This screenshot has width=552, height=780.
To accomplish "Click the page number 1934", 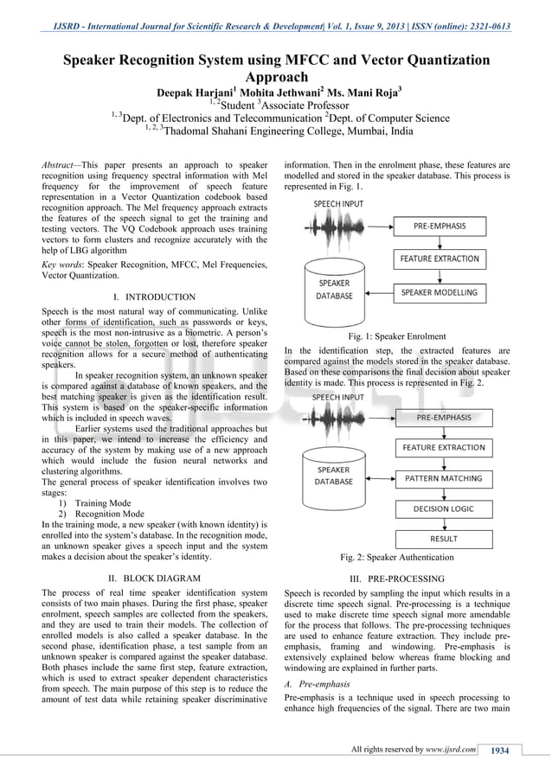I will point(499,750).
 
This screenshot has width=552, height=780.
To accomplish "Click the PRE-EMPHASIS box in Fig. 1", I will point(440,227).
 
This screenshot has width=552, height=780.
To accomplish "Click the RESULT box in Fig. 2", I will point(444,539).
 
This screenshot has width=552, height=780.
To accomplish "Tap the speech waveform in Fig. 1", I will point(332,230).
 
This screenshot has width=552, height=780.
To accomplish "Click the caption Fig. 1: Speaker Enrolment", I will point(396,336).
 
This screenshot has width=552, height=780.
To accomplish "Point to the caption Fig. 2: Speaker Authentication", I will point(396,557).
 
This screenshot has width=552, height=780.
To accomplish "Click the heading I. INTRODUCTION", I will point(155,297).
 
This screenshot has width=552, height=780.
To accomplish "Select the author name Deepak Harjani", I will point(191,93).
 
